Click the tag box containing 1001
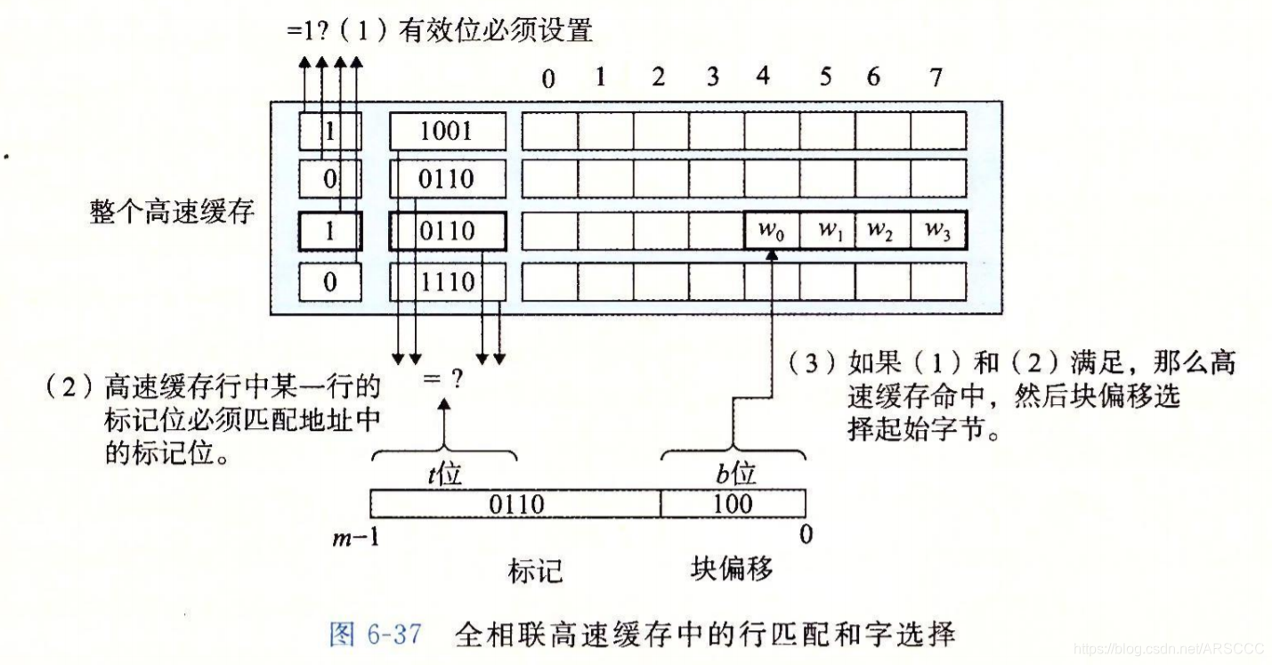point(448,132)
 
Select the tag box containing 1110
point(448,283)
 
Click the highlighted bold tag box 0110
point(448,231)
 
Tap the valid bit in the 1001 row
point(330,132)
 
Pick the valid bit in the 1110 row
point(330,283)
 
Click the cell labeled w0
point(771,231)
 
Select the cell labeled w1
point(828,231)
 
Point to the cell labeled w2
point(882,231)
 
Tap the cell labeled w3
point(937,231)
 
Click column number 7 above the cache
point(936,78)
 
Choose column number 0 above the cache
point(548,80)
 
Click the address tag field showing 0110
point(515,504)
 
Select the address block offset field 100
point(733,504)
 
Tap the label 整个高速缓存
point(172,215)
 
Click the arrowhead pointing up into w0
point(771,255)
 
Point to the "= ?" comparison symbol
point(443,379)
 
